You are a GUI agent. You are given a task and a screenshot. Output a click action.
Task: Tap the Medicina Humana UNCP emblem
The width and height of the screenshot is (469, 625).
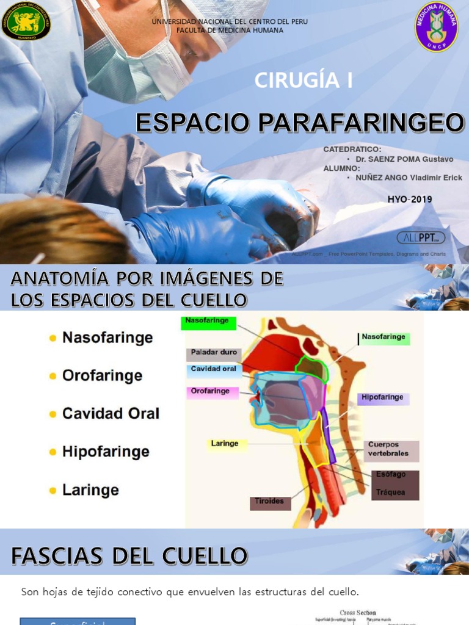pos(436,26)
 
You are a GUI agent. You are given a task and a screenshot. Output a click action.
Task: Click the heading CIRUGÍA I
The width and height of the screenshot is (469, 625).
pos(303,81)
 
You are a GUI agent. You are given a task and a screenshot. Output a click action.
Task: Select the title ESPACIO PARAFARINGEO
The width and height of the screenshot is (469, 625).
pos(300,123)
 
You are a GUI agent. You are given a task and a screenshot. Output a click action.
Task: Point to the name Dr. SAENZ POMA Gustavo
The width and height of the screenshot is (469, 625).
pos(404,159)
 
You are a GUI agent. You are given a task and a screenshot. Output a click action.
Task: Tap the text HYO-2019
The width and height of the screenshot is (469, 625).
pos(409,199)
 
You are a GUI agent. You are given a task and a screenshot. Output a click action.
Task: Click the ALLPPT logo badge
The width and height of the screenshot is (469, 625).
pos(421,237)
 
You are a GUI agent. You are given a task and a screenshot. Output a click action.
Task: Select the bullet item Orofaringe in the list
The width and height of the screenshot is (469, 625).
pos(102,375)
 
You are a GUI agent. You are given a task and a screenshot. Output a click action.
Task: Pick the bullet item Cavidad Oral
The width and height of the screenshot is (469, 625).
pos(111,413)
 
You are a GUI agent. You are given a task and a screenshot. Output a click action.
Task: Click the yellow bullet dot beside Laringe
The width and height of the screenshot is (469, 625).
pos(53,490)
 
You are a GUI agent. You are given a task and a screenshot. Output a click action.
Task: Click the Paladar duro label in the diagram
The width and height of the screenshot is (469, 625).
pos(214,353)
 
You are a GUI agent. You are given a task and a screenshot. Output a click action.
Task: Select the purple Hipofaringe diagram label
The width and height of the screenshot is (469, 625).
pos(383,398)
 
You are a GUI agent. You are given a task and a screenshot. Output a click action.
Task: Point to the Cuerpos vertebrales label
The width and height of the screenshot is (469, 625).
pos(392,449)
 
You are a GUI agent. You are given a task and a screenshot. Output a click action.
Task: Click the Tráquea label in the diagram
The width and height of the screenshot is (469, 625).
pos(391,492)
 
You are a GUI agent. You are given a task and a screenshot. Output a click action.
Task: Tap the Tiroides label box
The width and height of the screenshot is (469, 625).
pos(269,502)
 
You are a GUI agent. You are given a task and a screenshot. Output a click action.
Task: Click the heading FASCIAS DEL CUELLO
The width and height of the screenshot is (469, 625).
pos(129,556)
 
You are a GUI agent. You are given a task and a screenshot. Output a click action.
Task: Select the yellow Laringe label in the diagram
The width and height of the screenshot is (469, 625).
pos(225,444)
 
